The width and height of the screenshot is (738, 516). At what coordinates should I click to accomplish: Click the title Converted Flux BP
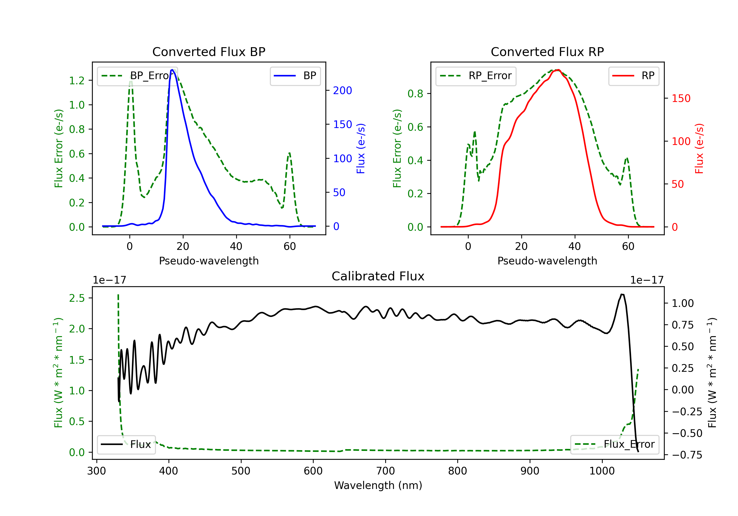pos(209,52)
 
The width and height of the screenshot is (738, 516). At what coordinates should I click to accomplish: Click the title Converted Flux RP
pos(547,52)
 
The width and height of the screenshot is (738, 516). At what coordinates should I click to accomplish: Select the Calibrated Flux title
pos(378,276)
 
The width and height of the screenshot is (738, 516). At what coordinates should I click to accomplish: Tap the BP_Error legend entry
pos(138,76)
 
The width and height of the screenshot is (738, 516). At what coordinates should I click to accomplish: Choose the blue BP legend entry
pos(295,76)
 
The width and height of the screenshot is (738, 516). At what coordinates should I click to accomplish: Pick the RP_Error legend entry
pos(476,76)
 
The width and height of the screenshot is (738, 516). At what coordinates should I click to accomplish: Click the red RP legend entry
pos(633,76)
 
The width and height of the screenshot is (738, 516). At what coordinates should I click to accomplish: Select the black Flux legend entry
pos(126,444)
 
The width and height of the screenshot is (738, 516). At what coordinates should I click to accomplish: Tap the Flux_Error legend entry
pos(615,444)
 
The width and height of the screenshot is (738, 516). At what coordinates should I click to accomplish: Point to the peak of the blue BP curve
pos(172,70)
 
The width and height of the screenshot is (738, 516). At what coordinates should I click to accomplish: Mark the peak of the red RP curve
pos(558,70)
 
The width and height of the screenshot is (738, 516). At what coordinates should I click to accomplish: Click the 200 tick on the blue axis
pos(343,91)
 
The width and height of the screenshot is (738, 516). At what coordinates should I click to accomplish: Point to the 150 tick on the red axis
pos(681,98)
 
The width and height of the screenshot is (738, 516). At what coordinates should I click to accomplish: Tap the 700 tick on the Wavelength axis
pos(385,471)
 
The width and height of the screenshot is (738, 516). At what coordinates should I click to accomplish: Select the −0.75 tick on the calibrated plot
pos(687,455)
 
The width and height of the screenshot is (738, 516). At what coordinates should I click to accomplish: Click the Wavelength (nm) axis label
pos(378,486)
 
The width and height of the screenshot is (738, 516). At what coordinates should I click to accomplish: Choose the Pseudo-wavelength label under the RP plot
pos(547,261)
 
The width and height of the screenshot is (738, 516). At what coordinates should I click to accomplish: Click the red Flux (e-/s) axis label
pos(699,148)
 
